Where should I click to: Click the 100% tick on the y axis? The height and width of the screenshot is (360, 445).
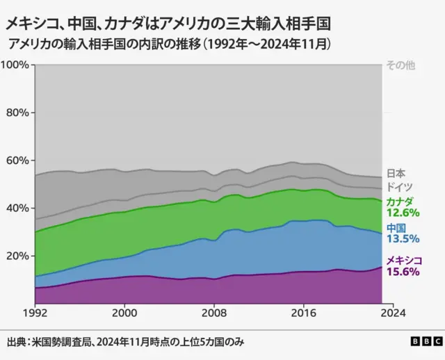tap(15, 65)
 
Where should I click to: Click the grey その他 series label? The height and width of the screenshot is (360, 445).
tap(400, 65)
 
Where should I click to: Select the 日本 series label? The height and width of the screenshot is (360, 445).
tap(396, 174)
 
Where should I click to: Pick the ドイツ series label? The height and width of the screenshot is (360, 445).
tap(399, 187)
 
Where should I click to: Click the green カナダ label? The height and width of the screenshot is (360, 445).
tap(399, 202)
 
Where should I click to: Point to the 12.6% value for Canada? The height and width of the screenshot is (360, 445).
tap(403, 213)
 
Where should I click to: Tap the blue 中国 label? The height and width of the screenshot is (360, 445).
tap(396, 228)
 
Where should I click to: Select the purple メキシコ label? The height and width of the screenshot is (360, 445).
tap(404, 260)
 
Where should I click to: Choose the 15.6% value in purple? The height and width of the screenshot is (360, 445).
tap(403, 272)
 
